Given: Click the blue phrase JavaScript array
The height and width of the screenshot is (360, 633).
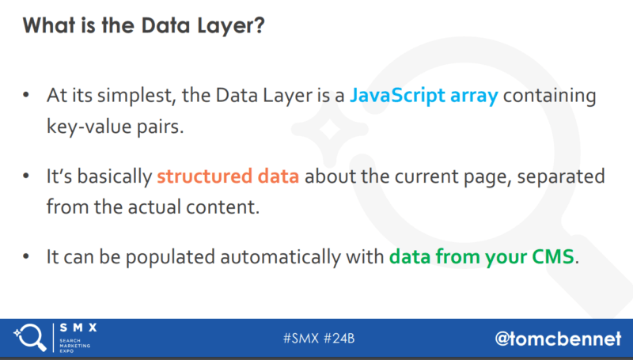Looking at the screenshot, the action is coord(424,96).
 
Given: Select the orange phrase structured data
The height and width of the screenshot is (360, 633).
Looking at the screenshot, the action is coord(228,176).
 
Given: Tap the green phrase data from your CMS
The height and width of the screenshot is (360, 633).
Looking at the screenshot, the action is coord(481,256).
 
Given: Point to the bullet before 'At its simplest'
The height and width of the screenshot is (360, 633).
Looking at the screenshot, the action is coord(26,95).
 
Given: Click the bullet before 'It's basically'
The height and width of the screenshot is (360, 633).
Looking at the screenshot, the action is coord(26,176).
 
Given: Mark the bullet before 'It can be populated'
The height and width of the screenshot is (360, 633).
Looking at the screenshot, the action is coord(26,256).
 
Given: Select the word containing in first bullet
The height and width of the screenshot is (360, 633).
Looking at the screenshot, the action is coord(549,97).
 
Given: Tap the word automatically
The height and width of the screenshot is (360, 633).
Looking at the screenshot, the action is coord(281,257).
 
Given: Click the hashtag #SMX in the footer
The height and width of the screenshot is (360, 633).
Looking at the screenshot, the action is coord(301,338).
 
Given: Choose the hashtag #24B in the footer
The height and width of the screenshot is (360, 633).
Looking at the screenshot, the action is coord(339,338).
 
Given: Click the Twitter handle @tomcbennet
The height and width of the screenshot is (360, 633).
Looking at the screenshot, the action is coord(558,339).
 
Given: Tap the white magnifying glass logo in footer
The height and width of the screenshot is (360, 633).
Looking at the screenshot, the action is coord(30,337).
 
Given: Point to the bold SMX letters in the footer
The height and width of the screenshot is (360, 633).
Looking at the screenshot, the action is coord(78,328).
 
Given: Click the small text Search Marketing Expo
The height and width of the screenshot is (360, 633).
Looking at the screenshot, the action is coord(74,346).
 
